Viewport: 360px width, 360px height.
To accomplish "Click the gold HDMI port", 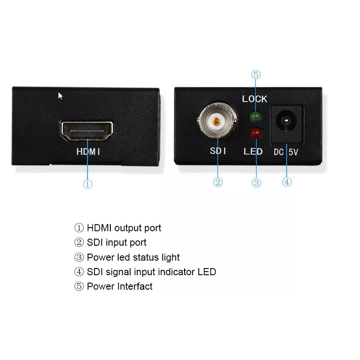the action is [x=87, y=131].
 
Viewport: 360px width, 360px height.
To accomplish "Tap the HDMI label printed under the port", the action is [x=88, y=152].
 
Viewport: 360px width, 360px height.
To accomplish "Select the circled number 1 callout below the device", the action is [x=87, y=185].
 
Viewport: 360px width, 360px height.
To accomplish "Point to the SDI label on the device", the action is [x=218, y=151].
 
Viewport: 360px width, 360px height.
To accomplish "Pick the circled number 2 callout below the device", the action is [x=218, y=182].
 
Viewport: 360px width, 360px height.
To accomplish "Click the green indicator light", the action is [x=255, y=117].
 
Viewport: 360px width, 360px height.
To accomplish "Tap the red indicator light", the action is [x=255, y=133].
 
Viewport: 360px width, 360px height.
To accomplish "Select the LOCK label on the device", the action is [x=255, y=99].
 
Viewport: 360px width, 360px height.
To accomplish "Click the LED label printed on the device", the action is [x=253, y=151].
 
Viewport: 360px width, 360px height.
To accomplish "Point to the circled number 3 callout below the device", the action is [x=257, y=182].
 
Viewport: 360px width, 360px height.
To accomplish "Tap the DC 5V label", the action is [x=287, y=152].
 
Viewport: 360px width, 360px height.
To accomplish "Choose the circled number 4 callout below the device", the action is [x=287, y=182].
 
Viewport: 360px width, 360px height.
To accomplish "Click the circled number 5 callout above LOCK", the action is [x=256, y=75].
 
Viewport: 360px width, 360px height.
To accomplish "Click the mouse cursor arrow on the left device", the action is [x=60, y=96].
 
